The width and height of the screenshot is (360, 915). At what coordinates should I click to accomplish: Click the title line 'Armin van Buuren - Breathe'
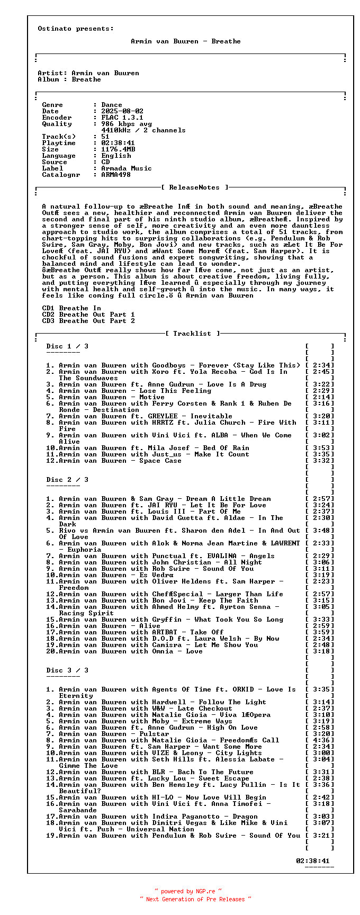click(185, 41)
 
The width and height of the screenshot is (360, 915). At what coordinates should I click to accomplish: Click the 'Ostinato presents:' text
click(76, 29)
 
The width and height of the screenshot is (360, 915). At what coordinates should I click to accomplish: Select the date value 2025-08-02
click(122, 111)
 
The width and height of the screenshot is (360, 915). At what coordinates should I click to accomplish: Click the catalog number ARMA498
click(116, 175)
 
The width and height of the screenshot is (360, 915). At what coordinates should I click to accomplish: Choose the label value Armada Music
click(127, 168)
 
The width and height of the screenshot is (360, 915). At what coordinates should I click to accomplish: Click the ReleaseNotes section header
click(195, 187)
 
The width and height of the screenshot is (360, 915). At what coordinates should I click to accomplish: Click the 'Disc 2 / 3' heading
click(67, 480)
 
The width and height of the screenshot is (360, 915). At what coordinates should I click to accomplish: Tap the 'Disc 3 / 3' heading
click(67, 670)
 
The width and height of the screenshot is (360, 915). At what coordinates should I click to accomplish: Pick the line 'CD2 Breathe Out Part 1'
click(88, 315)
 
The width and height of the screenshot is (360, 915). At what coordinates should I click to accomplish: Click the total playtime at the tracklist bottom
click(312, 861)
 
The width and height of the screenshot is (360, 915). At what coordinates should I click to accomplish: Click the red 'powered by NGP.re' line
click(188, 891)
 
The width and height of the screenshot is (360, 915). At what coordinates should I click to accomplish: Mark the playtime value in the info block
click(118, 143)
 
